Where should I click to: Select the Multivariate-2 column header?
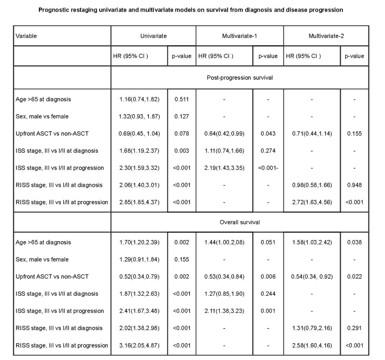(326, 36)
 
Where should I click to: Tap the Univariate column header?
(153, 36)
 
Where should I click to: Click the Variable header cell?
(26, 36)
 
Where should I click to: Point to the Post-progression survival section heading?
(240, 77)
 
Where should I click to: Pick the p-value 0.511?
(182, 100)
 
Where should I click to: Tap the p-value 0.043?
(267, 134)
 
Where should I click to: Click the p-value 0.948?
(354, 185)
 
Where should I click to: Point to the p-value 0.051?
(267, 243)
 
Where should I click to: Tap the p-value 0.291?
(354, 328)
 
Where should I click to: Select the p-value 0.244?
(267, 294)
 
